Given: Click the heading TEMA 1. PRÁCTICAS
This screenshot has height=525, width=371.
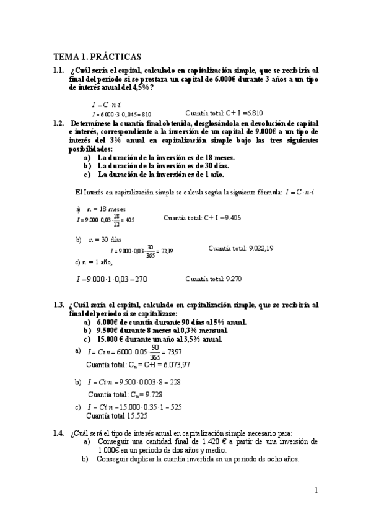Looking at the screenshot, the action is pos(97,56).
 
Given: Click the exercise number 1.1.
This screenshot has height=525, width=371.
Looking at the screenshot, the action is pos(59,71).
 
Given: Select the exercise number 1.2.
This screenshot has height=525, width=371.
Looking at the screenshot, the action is pos(59,123).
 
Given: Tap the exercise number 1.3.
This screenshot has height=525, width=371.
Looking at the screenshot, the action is pos(59,305).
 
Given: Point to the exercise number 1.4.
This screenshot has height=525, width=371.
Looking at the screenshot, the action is pos(59,433).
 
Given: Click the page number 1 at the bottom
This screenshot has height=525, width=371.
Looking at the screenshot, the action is pos(316,491).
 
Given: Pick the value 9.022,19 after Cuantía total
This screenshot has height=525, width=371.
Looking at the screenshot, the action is pos(261,249).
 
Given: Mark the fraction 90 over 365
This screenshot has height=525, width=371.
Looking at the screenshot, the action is pos(146,351).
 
